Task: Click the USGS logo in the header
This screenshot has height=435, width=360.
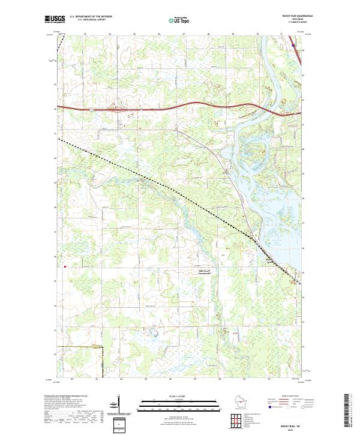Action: click(55, 19)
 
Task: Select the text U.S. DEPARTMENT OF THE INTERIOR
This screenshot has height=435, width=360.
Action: click(90, 17)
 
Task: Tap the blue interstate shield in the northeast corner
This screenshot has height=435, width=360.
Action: click(292, 44)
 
